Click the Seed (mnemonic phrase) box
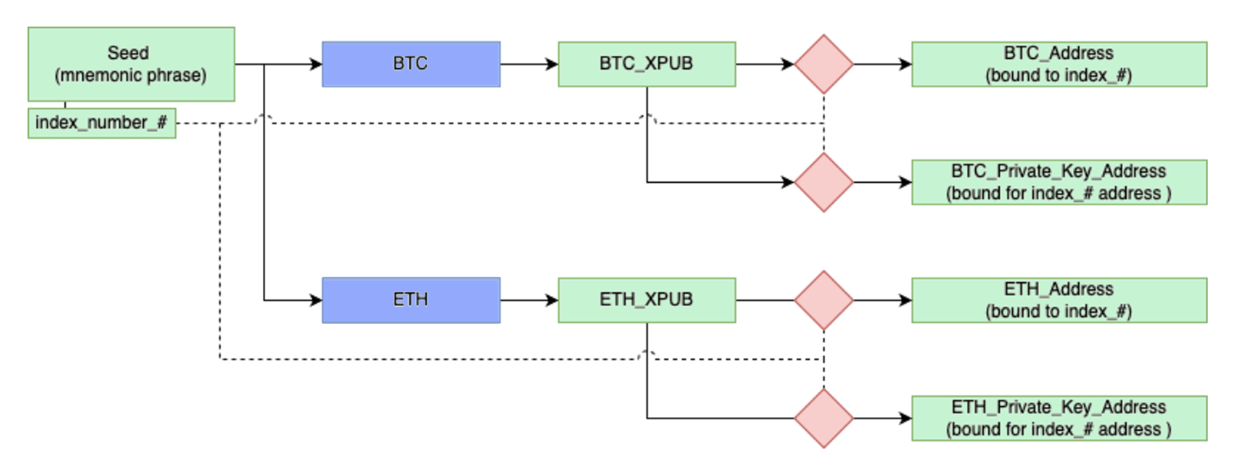click(x=131, y=65)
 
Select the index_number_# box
click(x=102, y=123)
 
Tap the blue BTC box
click(x=411, y=65)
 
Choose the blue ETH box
click(x=411, y=300)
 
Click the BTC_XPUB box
click(x=647, y=65)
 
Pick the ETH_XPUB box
click(x=647, y=300)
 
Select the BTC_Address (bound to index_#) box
click(x=1060, y=65)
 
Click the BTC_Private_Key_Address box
click(x=1060, y=182)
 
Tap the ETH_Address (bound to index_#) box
click(x=1060, y=300)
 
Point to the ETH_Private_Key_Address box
click(x=1060, y=419)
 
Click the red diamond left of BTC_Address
click(x=824, y=65)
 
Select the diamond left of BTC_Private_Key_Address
click(x=824, y=182)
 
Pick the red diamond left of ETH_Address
click(x=824, y=300)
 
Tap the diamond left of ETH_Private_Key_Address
click(x=824, y=419)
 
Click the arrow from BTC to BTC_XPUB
click(x=529, y=65)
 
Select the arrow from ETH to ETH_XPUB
click(x=529, y=300)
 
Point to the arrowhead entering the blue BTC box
click(x=316, y=65)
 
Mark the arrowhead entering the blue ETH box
click(x=316, y=300)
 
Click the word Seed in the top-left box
click(x=128, y=53)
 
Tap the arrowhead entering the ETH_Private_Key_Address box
click(x=906, y=419)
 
